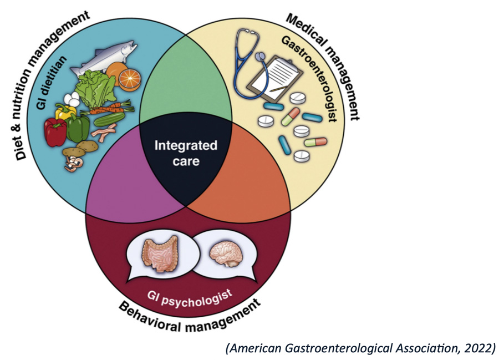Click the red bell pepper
pyautogui.click(x=55, y=131)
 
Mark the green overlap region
pyautogui.click(x=185, y=92)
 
